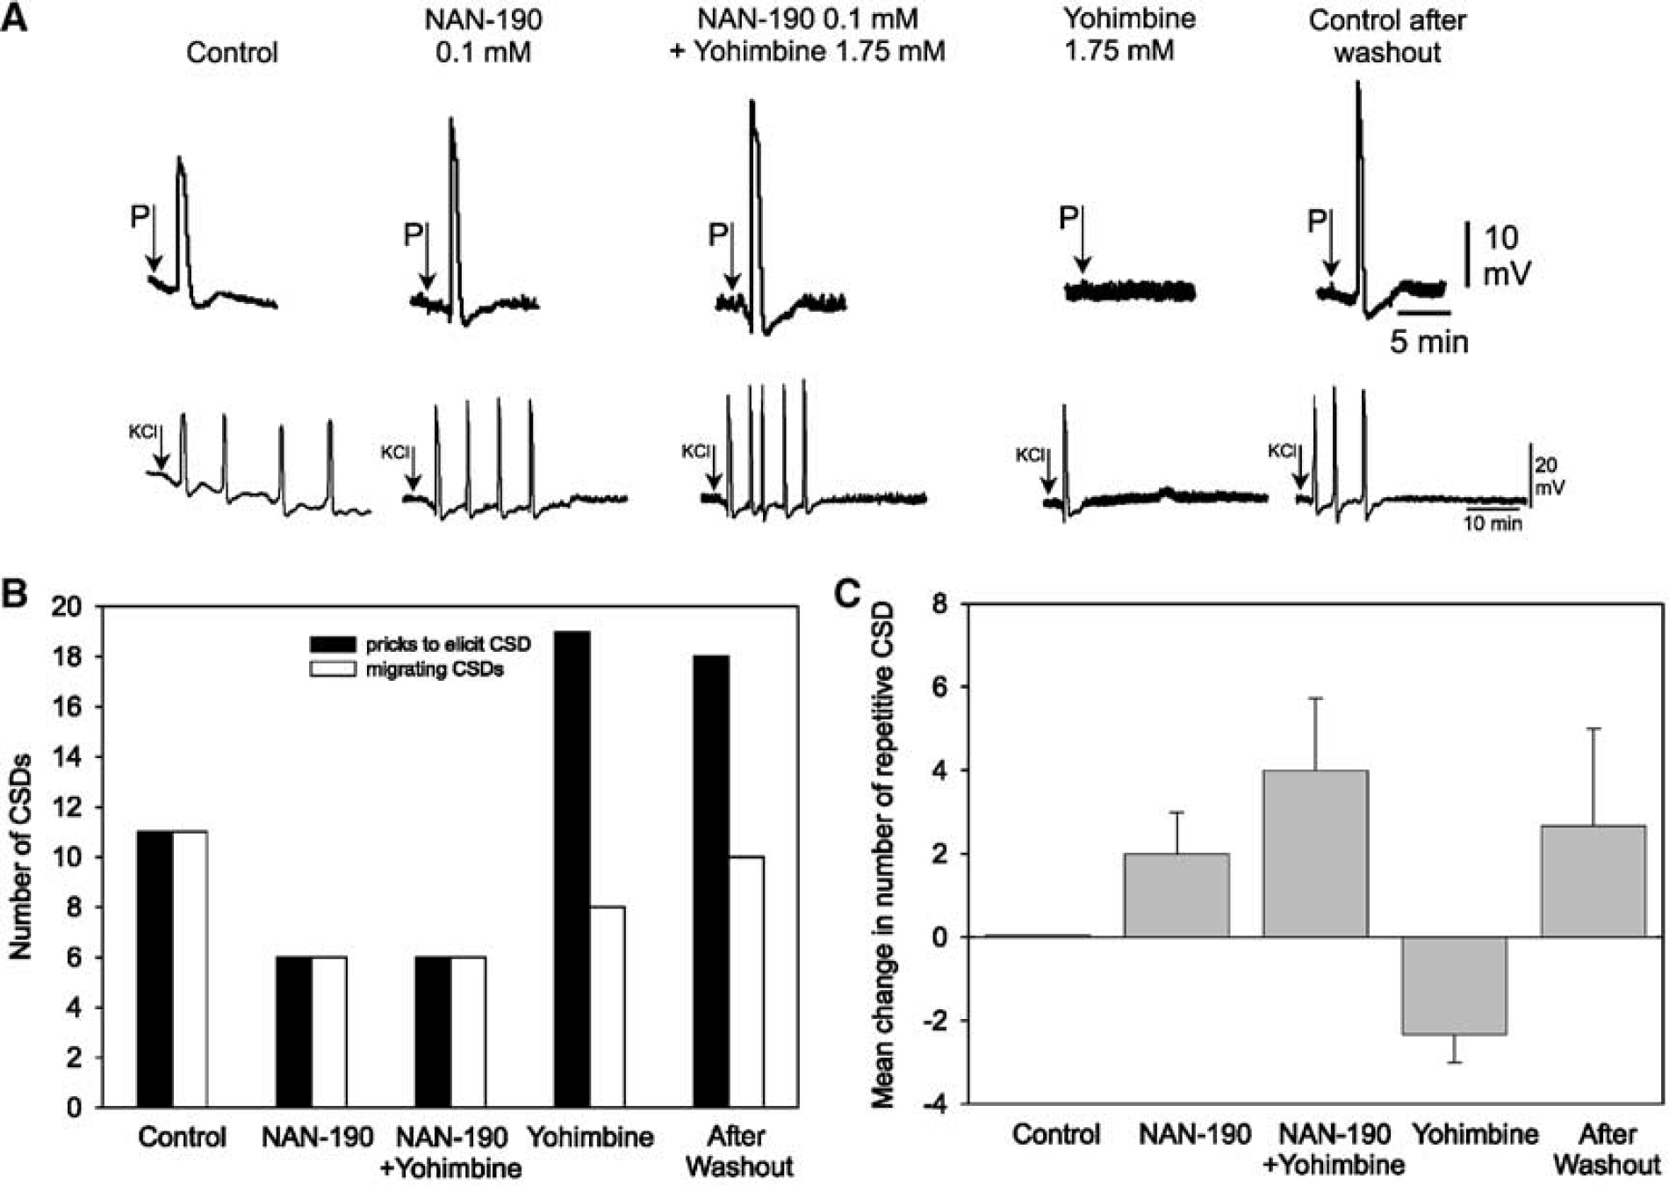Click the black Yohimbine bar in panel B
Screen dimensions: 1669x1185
pos(572,869)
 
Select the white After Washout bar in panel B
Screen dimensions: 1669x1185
pos(746,981)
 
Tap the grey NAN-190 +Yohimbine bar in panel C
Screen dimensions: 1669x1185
pos(1315,853)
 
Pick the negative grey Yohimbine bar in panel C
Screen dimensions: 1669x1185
pos(1455,986)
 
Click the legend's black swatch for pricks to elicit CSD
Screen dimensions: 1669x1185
pos(334,644)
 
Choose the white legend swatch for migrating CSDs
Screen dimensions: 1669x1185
pos(334,669)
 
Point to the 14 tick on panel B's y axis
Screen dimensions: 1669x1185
pos(72,757)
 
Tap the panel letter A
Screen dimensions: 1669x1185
pos(14,18)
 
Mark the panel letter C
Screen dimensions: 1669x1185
pos(848,595)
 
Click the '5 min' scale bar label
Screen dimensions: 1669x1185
pos(1428,341)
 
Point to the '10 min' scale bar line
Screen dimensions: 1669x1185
pos(1493,507)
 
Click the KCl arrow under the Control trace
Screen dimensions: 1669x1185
pos(161,449)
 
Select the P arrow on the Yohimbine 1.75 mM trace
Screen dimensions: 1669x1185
pos(1083,239)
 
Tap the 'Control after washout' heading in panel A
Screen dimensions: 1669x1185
pos(1387,36)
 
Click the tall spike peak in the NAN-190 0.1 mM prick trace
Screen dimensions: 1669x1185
pos(451,119)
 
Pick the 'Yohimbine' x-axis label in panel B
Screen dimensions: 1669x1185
pos(590,1137)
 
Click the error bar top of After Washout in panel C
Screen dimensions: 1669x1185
pos(1593,728)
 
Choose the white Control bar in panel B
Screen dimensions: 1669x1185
pos(190,969)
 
